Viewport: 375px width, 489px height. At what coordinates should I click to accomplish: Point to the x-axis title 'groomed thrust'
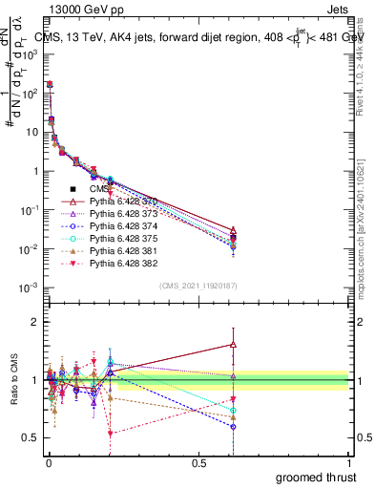point(315,476)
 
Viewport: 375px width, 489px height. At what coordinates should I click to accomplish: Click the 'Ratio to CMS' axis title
point(13,380)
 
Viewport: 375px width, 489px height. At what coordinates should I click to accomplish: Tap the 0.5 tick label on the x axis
point(198,461)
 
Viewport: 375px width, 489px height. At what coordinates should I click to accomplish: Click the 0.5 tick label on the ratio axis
point(29,437)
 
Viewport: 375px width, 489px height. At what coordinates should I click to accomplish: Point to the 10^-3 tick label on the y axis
point(27,287)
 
